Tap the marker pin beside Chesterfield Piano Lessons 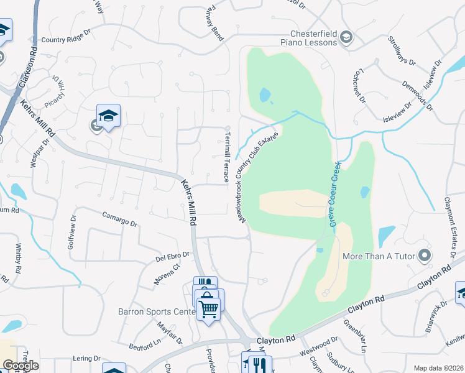[347, 38]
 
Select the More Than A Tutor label [379, 256]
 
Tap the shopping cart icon [209, 306]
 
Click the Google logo [21, 366]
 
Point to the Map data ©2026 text [438, 368]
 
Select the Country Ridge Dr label [66, 40]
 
